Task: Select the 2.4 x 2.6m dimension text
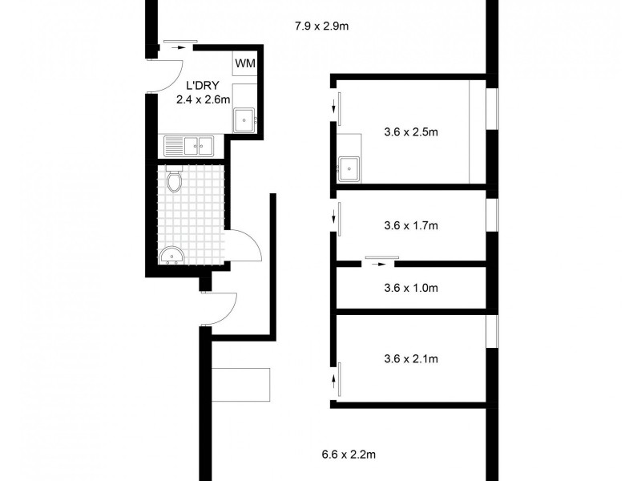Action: click(x=204, y=100)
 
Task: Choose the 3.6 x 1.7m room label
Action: click(x=411, y=225)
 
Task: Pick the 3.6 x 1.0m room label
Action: click(x=411, y=287)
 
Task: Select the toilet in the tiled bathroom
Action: click(x=175, y=182)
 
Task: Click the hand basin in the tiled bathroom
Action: click(x=171, y=256)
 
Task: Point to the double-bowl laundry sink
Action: click(x=189, y=145)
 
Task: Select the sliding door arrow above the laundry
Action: click(x=175, y=48)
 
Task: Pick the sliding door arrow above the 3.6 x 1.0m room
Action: click(x=381, y=262)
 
